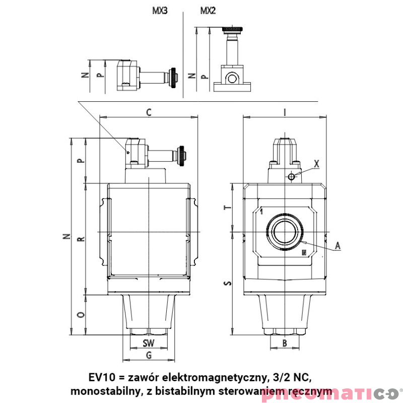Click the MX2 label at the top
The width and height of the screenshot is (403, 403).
(208, 11)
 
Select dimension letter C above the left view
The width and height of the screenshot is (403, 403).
(149, 112)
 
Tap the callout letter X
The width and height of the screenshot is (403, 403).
(316, 164)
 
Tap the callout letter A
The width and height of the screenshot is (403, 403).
(338, 245)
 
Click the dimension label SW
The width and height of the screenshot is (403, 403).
(148, 343)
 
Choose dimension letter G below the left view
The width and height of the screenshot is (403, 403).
(149, 356)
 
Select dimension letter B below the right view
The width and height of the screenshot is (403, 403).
(284, 343)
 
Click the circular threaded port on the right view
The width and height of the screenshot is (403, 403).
(285, 232)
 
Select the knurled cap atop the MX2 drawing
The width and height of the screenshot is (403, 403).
(233, 28)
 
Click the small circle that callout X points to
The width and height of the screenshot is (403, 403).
(291, 176)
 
